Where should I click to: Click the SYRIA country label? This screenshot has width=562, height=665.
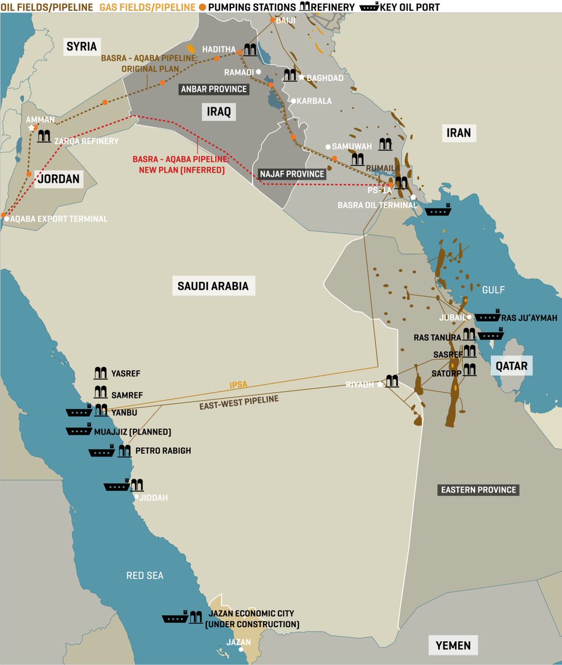[81, 47]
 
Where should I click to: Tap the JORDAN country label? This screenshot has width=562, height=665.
[59, 179]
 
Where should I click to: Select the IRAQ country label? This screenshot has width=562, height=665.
[218, 111]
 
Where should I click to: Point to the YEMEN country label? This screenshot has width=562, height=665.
[452, 645]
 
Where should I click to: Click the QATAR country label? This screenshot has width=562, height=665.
[511, 366]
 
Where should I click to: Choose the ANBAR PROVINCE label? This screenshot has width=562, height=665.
[214, 89]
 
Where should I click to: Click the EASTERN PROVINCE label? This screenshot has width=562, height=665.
[478, 490]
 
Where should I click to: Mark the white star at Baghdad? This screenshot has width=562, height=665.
[302, 77]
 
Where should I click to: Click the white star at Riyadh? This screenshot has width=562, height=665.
[380, 385]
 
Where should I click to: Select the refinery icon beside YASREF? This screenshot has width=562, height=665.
[100, 373]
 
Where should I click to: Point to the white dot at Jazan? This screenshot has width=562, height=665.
[239, 650]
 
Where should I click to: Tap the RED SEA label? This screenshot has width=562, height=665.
[145, 576]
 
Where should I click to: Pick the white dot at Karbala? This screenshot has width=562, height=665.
[293, 101]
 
